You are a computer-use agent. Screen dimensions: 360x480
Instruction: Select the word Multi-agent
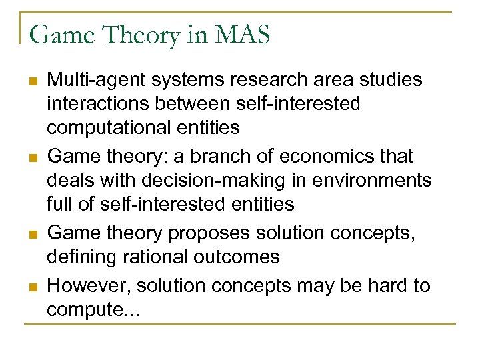pyautogui.click(x=95, y=81)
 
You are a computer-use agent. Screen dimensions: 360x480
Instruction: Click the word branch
pyautogui.click(x=215, y=157)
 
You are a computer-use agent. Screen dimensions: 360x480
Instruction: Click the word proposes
pyautogui.click(x=209, y=233)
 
